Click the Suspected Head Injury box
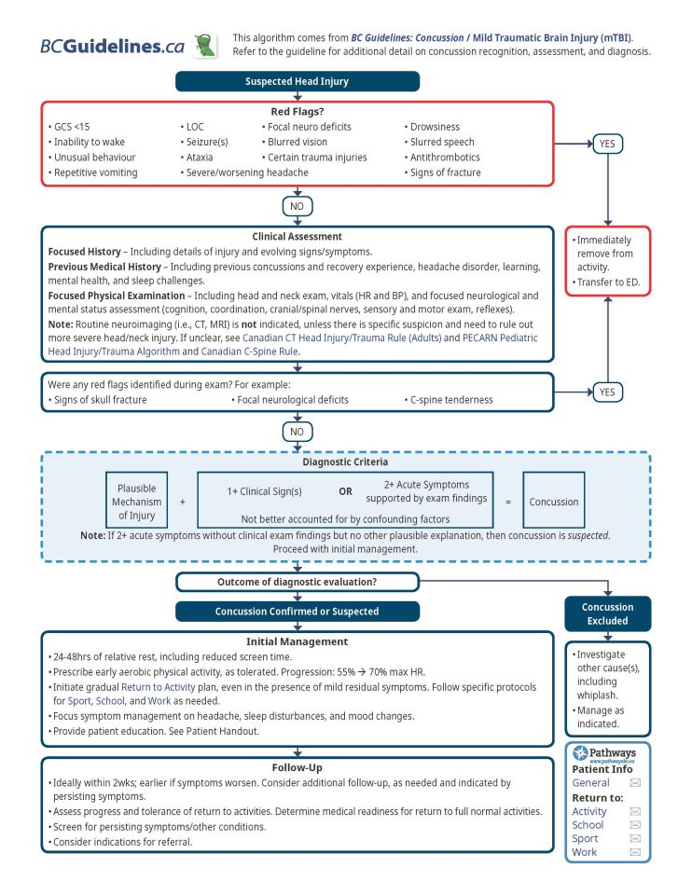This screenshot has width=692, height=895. (297, 81)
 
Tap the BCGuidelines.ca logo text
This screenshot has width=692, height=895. (112, 47)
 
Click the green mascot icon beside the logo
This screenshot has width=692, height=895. (205, 45)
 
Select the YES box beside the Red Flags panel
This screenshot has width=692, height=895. (607, 144)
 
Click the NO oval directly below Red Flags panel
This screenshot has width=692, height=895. (297, 206)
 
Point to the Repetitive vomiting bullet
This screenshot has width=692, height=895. (95, 172)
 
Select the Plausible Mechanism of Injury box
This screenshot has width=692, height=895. (137, 501)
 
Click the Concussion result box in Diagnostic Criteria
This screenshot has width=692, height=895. (554, 502)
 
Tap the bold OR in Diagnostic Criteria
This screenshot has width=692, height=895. (345, 490)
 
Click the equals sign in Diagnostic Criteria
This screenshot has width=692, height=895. (508, 502)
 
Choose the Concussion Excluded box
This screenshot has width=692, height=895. (607, 613)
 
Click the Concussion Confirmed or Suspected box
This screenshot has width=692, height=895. (297, 612)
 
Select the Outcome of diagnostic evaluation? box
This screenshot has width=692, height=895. (297, 583)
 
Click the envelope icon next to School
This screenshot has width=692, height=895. (635, 825)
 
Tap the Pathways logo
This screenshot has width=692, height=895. (607, 753)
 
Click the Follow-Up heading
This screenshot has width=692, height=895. (297, 767)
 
